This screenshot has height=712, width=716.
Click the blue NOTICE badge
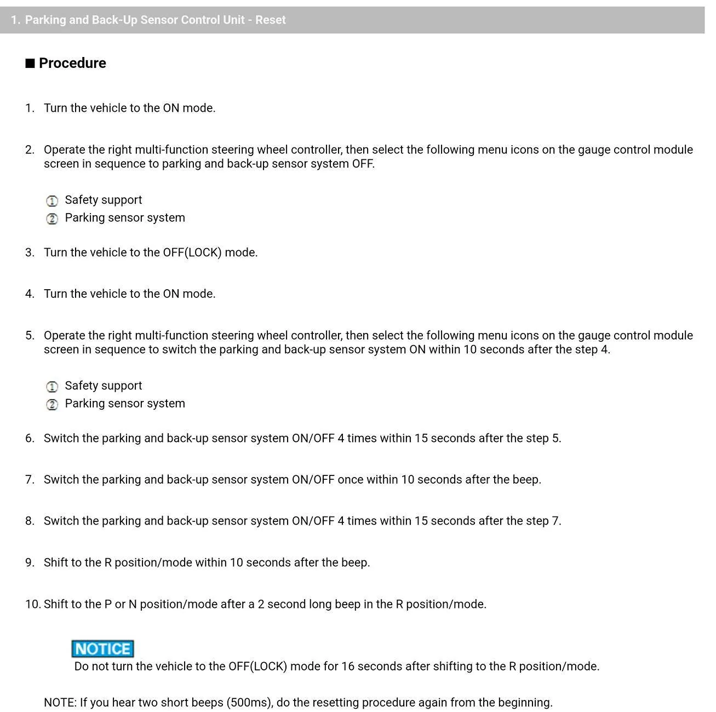[x=102, y=649]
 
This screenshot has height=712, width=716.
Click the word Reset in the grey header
[x=271, y=20]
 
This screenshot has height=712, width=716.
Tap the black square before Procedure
[x=30, y=64]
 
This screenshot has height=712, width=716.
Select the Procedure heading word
[x=72, y=64]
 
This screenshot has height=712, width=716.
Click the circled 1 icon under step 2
[x=52, y=201]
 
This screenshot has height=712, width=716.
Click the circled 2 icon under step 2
[x=52, y=219]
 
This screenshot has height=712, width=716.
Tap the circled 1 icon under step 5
[x=52, y=387]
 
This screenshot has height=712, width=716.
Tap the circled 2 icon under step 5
[x=52, y=405]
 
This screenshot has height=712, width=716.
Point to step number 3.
[x=30, y=252]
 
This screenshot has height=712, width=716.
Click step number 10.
[x=32, y=604]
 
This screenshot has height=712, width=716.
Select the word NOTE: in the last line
[x=60, y=703]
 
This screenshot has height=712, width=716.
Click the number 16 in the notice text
[x=348, y=667]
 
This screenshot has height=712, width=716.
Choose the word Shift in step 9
[x=56, y=562]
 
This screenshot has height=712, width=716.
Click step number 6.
[x=30, y=438]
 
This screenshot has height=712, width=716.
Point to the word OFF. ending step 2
[x=363, y=164]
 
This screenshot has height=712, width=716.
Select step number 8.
[x=30, y=521]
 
